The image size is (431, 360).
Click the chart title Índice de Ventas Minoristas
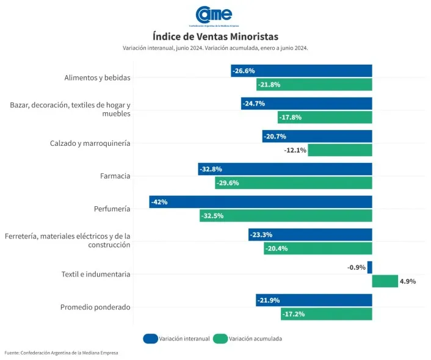[215, 37]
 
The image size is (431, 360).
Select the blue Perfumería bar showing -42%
[261, 202]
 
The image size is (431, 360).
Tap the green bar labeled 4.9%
[385, 281]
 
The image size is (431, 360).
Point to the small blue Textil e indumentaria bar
[370, 267]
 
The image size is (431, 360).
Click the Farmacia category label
[115, 176]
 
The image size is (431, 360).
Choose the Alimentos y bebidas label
[97, 77]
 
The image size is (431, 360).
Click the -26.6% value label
[243, 71]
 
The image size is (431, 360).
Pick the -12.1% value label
[295, 150]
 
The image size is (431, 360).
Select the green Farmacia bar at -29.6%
[293, 183]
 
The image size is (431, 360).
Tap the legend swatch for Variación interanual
[150, 339]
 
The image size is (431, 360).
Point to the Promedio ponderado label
[95, 307]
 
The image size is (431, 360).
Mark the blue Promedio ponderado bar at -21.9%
[314, 300]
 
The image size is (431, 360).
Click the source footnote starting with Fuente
[62, 353]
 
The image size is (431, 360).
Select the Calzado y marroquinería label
[90, 143]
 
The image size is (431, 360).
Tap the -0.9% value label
[356, 267]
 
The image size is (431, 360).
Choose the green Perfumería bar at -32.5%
[286, 215]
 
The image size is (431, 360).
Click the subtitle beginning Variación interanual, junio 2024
[215, 48]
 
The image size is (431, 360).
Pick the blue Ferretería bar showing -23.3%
[310, 235]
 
